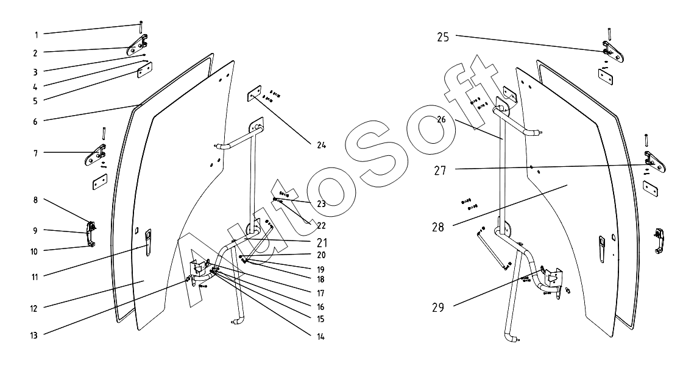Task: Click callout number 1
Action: click(x=35, y=34)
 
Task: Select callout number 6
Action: click(x=35, y=121)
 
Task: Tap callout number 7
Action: click(x=35, y=153)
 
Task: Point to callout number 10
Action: click(x=35, y=251)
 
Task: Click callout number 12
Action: click(x=35, y=308)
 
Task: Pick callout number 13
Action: click(x=35, y=334)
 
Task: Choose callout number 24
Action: click(x=321, y=146)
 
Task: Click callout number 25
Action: click(x=444, y=37)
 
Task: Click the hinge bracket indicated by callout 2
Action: click(x=138, y=46)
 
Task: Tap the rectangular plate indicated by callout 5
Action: click(x=144, y=71)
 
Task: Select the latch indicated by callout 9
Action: click(x=91, y=230)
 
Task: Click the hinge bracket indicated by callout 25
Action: click(x=612, y=52)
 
